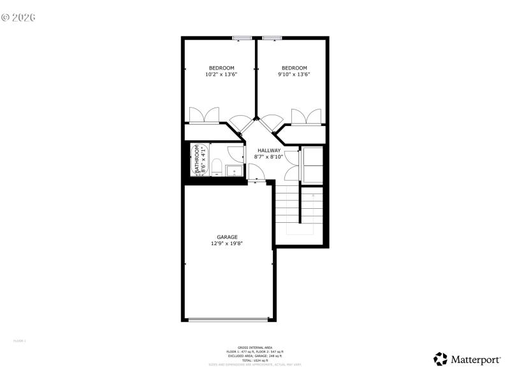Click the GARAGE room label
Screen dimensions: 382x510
point(227,237)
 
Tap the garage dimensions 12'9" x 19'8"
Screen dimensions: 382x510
point(227,243)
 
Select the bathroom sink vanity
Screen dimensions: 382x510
point(233,171)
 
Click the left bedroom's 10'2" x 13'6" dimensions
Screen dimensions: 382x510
point(221,74)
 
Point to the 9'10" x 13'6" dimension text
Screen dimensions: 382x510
point(294,74)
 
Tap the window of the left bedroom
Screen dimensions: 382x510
point(241,38)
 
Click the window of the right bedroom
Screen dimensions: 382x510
point(272,38)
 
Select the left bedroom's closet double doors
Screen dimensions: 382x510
point(204,116)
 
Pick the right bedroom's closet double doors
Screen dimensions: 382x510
point(307,117)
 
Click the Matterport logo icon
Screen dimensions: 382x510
point(441,359)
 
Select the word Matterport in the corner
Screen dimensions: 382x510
point(476,360)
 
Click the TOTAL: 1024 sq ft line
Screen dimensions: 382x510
point(254,360)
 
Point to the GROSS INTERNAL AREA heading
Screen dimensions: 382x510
point(254,348)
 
